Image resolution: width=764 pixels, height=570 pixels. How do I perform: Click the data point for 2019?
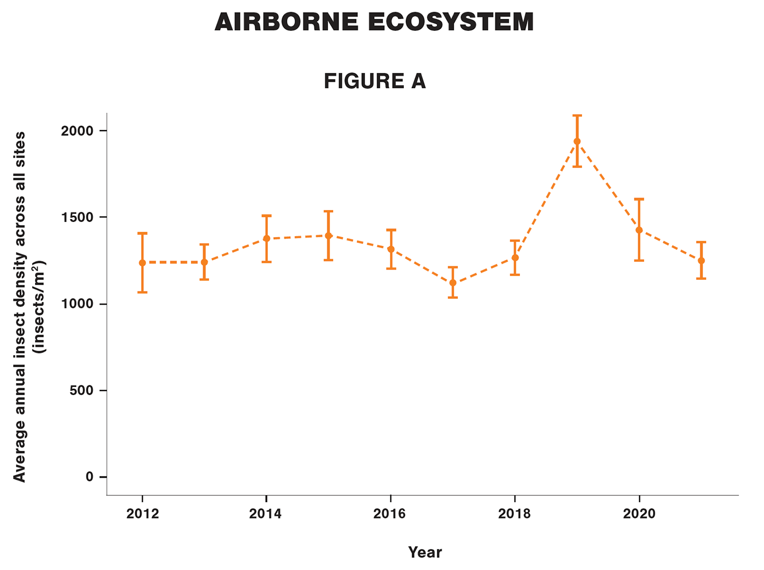point(577,141)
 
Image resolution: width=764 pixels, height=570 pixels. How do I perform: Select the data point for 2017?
point(453,282)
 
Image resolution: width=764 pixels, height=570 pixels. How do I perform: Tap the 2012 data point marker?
point(142,263)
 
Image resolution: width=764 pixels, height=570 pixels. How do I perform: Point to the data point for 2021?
point(701,261)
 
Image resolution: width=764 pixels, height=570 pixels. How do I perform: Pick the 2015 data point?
point(328,236)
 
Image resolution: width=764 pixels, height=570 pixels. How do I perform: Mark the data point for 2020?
point(639,230)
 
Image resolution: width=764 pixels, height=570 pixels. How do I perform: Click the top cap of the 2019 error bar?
point(577,115)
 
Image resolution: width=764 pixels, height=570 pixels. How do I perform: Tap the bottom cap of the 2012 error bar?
point(142,292)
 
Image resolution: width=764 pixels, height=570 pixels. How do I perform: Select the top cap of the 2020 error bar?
point(639,199)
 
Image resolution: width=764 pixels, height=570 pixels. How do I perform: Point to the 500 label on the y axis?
point(82,391)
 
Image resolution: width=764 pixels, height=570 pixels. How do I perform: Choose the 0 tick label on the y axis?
point(89,477)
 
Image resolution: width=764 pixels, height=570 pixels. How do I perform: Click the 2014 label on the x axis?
point(266,514)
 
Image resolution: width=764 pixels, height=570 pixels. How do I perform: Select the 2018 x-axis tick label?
point(514,514)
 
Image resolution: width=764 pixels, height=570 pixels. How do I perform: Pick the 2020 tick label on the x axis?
point(639,514)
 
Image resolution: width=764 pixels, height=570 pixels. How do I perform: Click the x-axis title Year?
point(424,552)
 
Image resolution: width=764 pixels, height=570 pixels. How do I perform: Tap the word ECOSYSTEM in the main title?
point(450,22)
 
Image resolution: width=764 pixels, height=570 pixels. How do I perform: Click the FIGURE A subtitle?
point(375,81)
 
